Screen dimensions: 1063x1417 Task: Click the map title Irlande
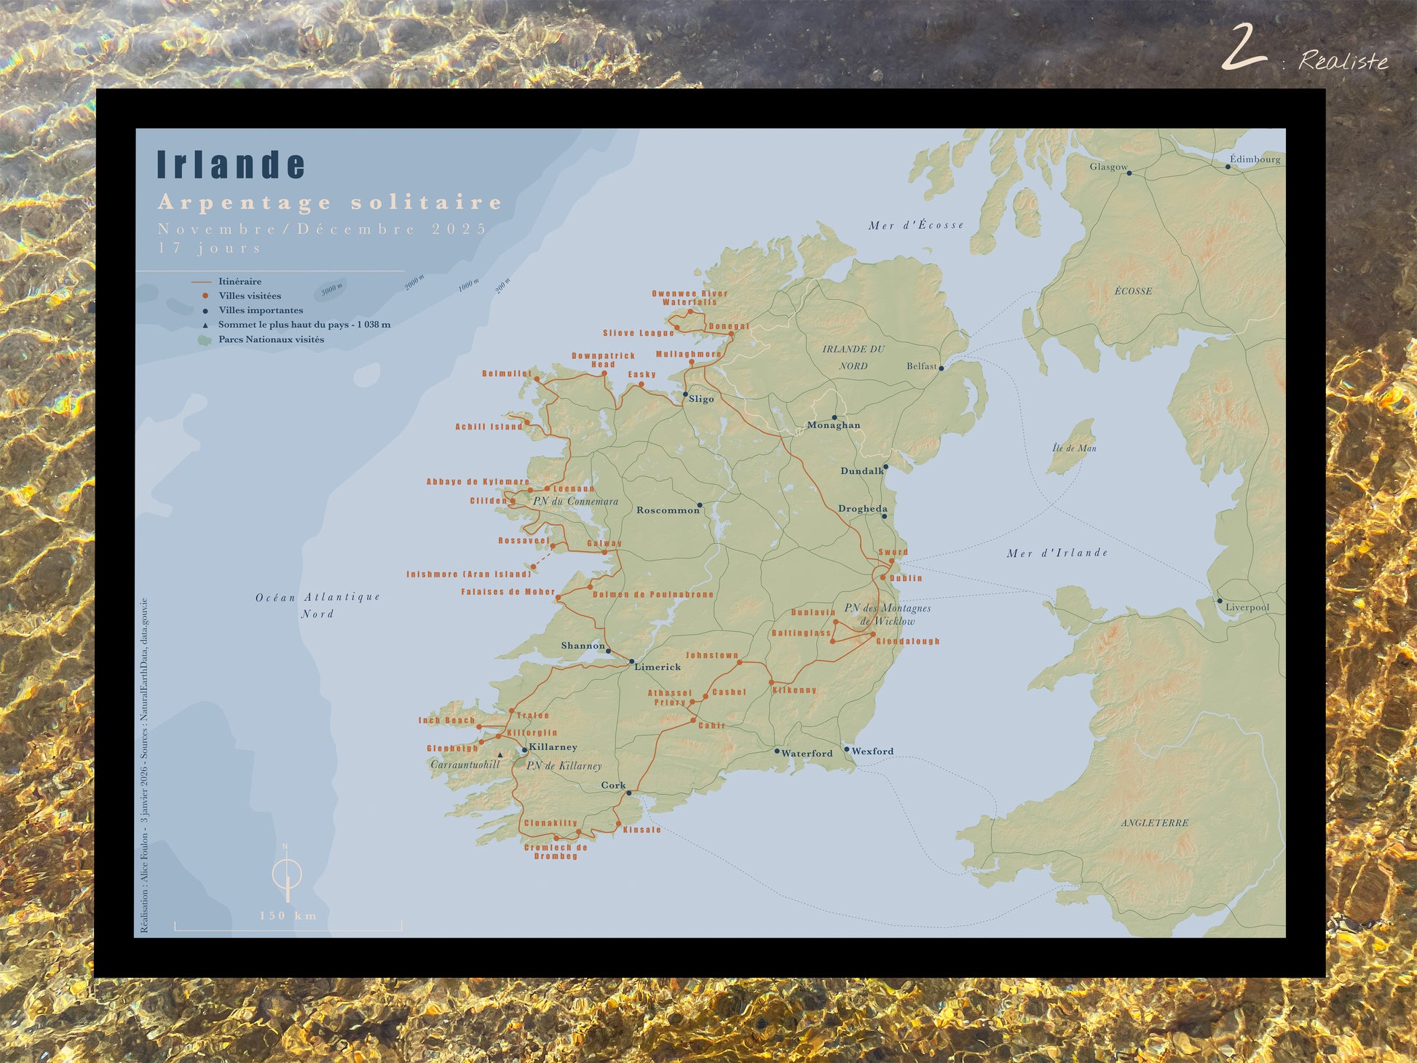pos(231,165)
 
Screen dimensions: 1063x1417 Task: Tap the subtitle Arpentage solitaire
pos(330,202)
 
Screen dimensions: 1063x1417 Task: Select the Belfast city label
pos(921,366)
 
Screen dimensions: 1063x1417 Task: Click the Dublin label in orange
pos(906,578)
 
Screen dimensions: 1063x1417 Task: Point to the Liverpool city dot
pos(1220,601)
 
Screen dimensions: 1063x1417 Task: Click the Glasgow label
pos(1108,167)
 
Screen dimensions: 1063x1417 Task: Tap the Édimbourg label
pos(1255,159)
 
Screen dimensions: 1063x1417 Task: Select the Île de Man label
pos(1074,448)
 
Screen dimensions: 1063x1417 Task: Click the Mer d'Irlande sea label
pos(1057,553)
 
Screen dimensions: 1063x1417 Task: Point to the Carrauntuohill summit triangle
pos(500,755)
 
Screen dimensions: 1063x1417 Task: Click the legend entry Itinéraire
pos(240,281)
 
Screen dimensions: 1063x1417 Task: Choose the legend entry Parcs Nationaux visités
pos(271,339)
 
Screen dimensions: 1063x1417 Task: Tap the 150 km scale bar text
pos(288,916)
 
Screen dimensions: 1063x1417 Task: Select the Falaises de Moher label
pos(508,592)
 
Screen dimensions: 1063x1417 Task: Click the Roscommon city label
pos(667,510)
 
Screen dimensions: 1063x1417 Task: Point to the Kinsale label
pos(642,830)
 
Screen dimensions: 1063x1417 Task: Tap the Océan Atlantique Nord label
pos(317,605)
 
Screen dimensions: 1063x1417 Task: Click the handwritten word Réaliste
pos(1343,61)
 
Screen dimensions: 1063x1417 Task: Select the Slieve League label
pos(638,333)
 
